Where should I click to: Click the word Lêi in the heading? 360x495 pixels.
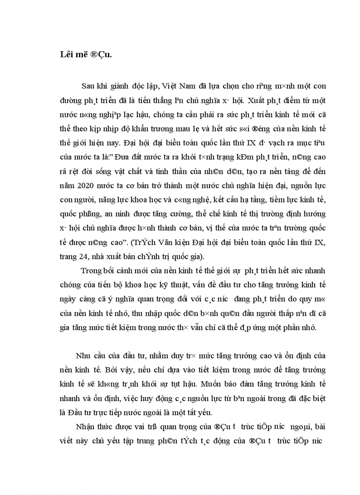66,55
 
